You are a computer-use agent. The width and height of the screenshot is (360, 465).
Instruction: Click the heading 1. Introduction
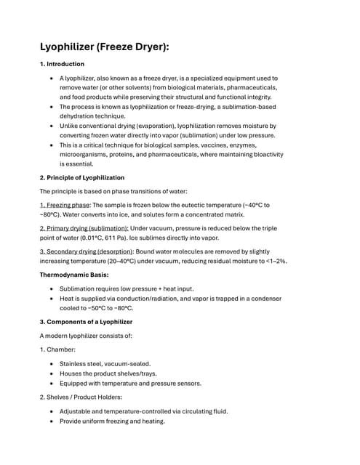(64, 65)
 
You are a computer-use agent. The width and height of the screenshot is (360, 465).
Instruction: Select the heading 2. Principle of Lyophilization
(82, 177)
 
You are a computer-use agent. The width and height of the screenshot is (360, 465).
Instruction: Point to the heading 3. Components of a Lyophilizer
(87, 321)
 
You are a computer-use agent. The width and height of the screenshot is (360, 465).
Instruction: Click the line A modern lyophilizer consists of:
(87, 336)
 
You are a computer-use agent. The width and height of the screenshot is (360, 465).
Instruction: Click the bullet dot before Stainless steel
(49, 363)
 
